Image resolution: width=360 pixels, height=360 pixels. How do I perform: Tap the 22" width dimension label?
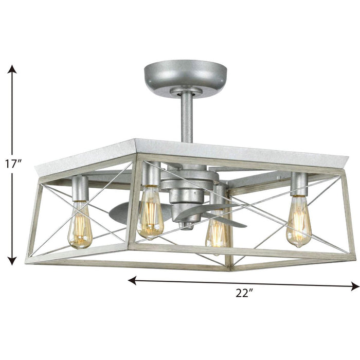pyautogui.click(x=245, y=294)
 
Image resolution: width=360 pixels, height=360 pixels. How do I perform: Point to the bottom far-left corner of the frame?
pyautogui.click(x=28, y=260)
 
